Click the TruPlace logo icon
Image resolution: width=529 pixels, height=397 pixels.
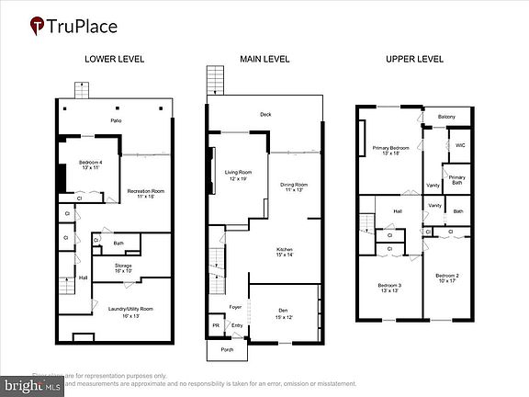tap(37, 26)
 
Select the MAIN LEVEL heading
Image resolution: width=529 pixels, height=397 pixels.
tap(264, 59)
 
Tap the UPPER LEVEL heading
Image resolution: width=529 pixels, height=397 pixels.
tap(415, 59)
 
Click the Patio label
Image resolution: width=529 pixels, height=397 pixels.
tap(117, 120)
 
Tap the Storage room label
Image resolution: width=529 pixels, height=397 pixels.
tap(124, 268)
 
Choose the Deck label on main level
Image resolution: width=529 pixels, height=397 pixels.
tap(264, 115)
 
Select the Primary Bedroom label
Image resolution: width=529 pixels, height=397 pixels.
tap(390, 149)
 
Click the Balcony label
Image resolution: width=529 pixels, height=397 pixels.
tap(446, 117)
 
